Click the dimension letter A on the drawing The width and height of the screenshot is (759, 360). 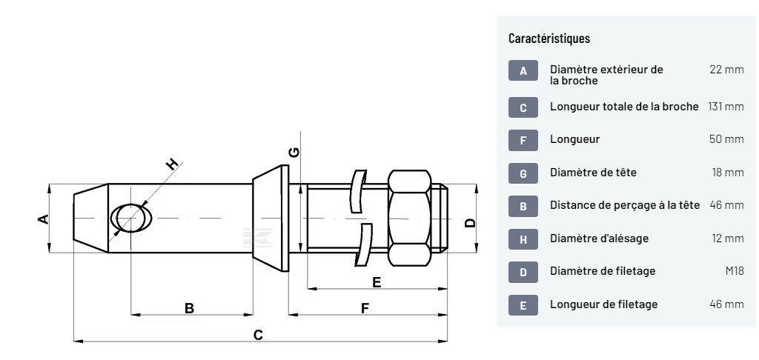[x=43, y=219]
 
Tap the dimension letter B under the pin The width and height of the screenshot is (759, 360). [x=189, y=307]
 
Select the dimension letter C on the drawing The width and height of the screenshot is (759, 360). [x=258, y=335]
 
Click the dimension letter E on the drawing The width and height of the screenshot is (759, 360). [x=377, y=281]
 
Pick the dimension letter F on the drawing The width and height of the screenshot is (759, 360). [x=365, y=307]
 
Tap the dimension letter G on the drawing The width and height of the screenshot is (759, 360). [x=294, y=152]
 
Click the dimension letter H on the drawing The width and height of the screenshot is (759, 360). [x=172, y=164]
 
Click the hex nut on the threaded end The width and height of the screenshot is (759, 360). [x=411, y=217]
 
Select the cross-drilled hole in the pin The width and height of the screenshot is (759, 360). [x=131, y=219]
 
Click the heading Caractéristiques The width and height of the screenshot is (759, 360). [x=549, y=38]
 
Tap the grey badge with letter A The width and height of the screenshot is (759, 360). [x=523, y=71]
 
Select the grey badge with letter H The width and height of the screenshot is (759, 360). [x=523, y=239]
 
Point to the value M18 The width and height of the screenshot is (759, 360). [x=734, y=271]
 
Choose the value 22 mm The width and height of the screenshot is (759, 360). [x=726, y=70]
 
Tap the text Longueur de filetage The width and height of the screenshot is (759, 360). [x=603, y=304]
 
